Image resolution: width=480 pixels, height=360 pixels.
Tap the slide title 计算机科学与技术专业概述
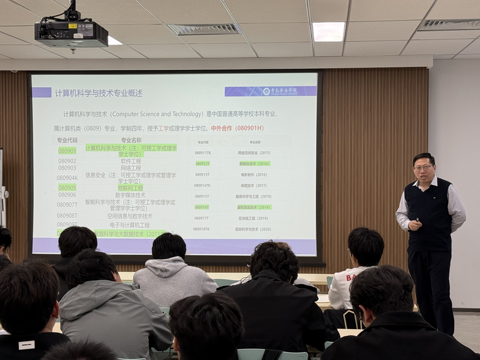(x=99, y=93)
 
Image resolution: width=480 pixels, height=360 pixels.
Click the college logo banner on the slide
(x=271, y=91)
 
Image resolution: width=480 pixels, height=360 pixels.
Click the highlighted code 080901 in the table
(x=67, y=150)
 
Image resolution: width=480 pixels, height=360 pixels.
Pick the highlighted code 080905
(x=67, y=188)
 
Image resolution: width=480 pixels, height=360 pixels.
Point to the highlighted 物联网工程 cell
(x=130, y=188)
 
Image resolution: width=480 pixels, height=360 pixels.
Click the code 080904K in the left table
(x=67, y=177)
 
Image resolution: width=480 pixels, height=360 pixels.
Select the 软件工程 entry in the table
(x=131, y=160)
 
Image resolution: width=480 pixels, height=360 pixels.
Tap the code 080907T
(x=67, y=205)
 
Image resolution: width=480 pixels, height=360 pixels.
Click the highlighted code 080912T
(x=202, y=164)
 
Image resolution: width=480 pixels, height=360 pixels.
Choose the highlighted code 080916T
(x=202, y=207)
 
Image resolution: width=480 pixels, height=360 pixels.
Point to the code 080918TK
(x=202, y=229)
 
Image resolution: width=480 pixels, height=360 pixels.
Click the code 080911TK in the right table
(x=202, y=153)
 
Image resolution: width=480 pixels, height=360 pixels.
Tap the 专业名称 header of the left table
(x=131, y=140)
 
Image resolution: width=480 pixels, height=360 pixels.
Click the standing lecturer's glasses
(x=423, y=167)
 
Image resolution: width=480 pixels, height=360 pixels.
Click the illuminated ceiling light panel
(x=328, y=31)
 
